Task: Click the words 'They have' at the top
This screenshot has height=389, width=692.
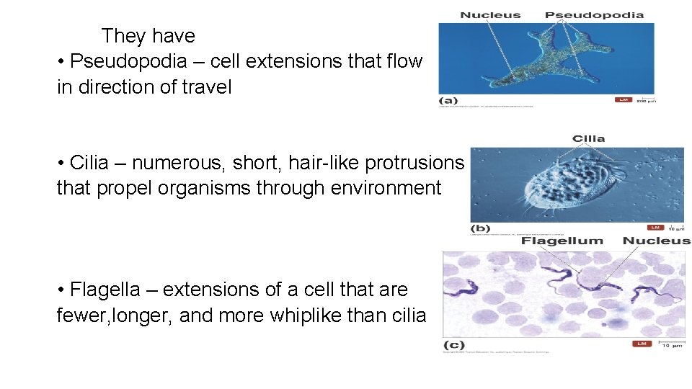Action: tap(148, 35)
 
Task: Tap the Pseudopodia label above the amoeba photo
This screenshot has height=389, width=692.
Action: tap(594, 14)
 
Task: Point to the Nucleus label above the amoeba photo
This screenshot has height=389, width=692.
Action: tap(490, 14)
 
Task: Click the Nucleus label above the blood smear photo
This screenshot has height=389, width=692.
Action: tap(656, 241)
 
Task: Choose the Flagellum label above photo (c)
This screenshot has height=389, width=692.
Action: tap(562, 241)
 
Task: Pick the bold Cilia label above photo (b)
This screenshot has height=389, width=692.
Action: tap(588, 138)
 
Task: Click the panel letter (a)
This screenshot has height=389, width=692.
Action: tap(448, 101)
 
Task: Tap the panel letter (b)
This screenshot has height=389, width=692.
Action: tap(480, 228)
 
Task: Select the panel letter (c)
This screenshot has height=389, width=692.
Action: tap(453, 344)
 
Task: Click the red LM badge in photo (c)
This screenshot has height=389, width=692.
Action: tap(642, 344)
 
